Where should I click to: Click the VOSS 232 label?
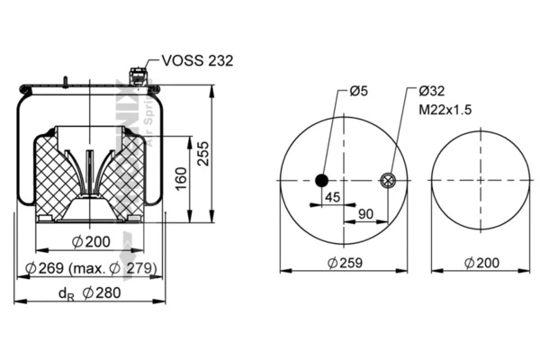[x=197, y=61]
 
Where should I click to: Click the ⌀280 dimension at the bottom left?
[x=100, y=292]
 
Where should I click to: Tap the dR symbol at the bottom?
[x=64, y=293]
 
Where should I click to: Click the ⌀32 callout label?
[x=432, y=90]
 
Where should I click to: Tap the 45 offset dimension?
[x=332, y=197]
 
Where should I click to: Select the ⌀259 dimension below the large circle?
[x=345, y=262]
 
